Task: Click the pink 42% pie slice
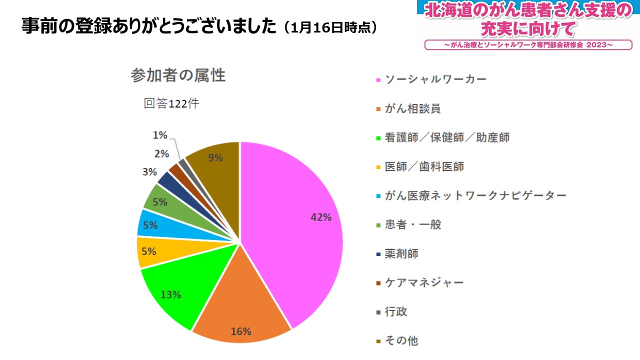click(295, 225)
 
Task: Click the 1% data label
click(159, 135)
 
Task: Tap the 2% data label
click(161, 154)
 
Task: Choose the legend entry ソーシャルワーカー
click(435, 79)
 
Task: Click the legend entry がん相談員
click(412, 108)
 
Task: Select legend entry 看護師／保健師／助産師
click(447, 137)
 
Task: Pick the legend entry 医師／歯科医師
click(424, 166)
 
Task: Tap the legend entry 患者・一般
click(413, 224)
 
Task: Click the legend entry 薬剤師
click(401, 253)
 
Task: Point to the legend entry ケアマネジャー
click(424, 282)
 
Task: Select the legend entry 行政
click(396, 311)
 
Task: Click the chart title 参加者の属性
click(178, 75)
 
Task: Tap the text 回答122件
click(171, 103)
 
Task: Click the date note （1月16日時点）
click(330, 27)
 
